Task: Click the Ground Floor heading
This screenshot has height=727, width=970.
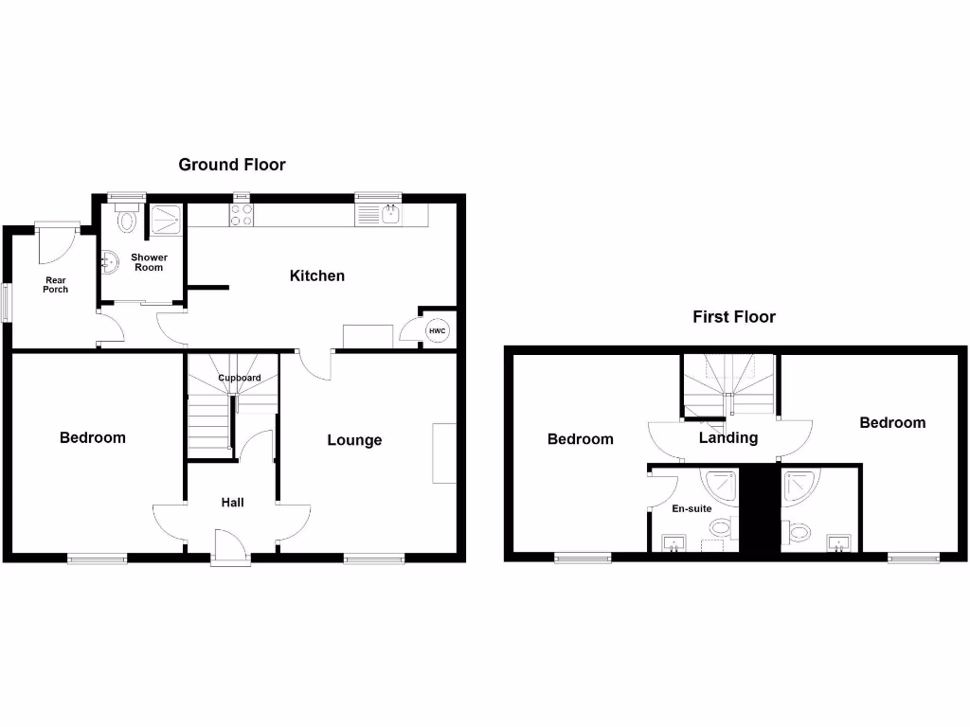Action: tap(232, 165)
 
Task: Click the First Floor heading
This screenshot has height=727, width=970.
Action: tap(734, 317)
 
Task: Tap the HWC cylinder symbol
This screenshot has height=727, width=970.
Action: tap(437, 330)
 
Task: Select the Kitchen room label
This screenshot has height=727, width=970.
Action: tap(317, 275)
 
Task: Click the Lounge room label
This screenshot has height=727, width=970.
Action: tap(354, 439)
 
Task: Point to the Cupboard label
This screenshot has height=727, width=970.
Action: tap(240, 378)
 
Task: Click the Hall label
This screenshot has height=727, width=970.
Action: tap(232, 502)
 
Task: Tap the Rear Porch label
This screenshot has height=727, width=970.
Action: tap(55, 284)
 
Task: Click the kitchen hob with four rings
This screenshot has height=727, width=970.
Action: tap(241, 215)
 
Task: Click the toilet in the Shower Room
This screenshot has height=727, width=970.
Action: tap(126, 221)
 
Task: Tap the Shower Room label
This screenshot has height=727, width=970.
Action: tap(149, 262)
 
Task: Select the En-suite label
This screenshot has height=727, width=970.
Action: tap(692, 508)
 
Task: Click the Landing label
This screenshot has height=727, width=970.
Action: tap(727, 437)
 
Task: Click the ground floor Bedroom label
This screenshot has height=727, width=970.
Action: tap(92, 437)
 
